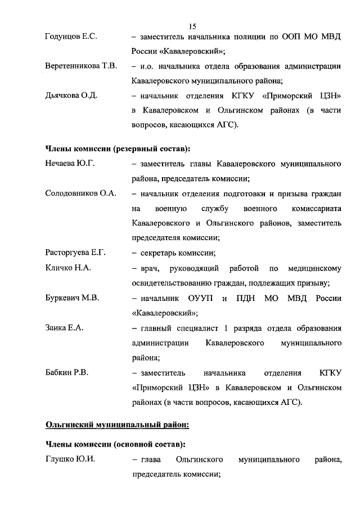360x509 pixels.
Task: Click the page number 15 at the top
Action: coord(192,26)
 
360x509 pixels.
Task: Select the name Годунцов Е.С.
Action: coord(71,37)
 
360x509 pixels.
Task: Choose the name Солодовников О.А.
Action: coord(80,193)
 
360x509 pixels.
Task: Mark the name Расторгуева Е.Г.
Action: coord(75,252)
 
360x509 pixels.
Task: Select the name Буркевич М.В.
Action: coord(72,298)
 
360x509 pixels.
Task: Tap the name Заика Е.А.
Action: coord(64,327)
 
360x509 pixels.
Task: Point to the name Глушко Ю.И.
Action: coord(70,460)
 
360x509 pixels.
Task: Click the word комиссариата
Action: coord(309,209)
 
